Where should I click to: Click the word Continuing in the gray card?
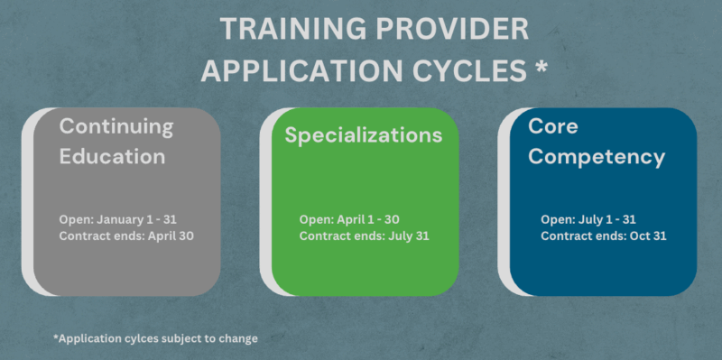pyautogui.click(x=116, y=126)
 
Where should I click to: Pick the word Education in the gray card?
pyautogui.click(x=112, y=156)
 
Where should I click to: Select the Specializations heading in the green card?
pyautogui.click(x=364, y=135)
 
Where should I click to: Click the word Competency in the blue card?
pyautogui.click(x=597, y=157)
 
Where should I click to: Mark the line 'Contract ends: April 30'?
pyautogui.click(x=126, y=235)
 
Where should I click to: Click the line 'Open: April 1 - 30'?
pyautogui.click(x=348, y=218)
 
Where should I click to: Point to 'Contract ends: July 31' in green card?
pyautogui.click(x=363, y=235)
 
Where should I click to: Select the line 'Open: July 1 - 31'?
pyautogui.click(x=590, y=218)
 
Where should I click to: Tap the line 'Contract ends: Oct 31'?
pyautogui.click(x=603, y=235)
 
